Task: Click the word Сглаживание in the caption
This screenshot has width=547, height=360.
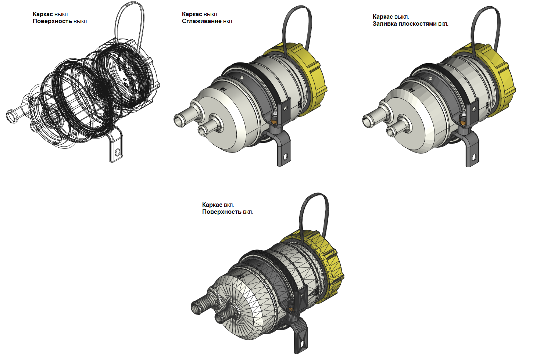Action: click(201, 21)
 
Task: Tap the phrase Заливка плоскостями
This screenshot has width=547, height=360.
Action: click(404, 24)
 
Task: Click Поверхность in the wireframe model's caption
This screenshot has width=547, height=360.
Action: click(52, 21)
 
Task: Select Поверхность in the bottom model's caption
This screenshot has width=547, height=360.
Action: click(222, 212)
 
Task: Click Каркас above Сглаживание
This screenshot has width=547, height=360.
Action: click(192, 14)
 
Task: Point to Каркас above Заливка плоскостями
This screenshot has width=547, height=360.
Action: click(383, 17)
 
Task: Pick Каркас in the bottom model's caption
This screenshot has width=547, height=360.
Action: click(212, 205)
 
